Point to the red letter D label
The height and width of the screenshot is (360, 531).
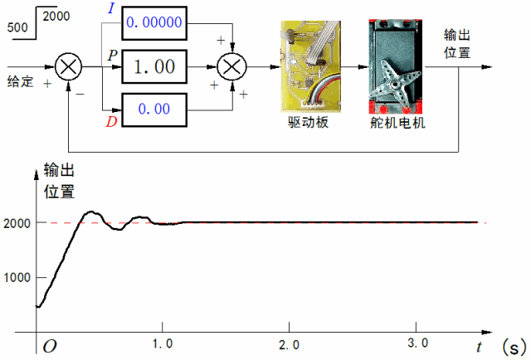click(x=110, y=123)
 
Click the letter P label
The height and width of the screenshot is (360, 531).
click(x=111, y=53)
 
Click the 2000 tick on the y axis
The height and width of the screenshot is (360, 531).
click(x=17, y=222)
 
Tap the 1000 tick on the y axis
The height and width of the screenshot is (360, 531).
click(x=17, y=277)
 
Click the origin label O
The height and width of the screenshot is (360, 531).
click(x=50, y=346)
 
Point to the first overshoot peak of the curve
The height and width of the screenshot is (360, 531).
click(x=93, y=212)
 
